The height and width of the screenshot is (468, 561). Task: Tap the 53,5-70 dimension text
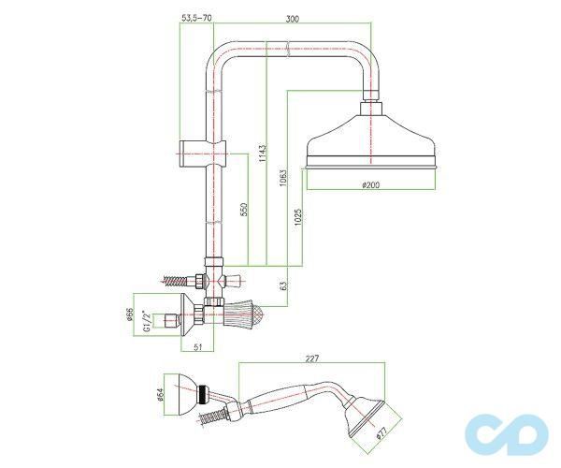click(x=196, y=18)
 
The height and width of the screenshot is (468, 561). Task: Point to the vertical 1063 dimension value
click(x=283, y=178)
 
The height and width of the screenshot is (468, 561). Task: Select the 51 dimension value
click(x=198, y=346)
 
